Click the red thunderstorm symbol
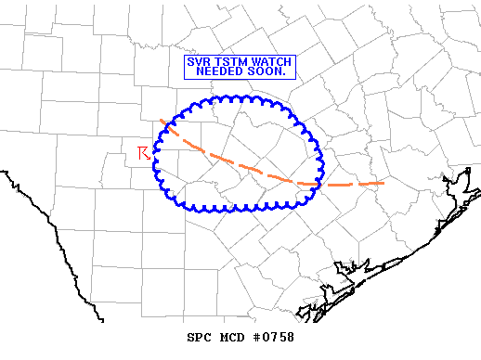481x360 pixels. (144, 153)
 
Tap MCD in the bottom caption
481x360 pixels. (231, 338)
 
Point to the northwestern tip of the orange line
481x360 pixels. (161, 120)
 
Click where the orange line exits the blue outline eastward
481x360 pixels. (318, 184)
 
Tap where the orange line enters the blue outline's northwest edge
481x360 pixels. (167, 126)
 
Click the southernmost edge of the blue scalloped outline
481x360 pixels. (237, 209)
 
